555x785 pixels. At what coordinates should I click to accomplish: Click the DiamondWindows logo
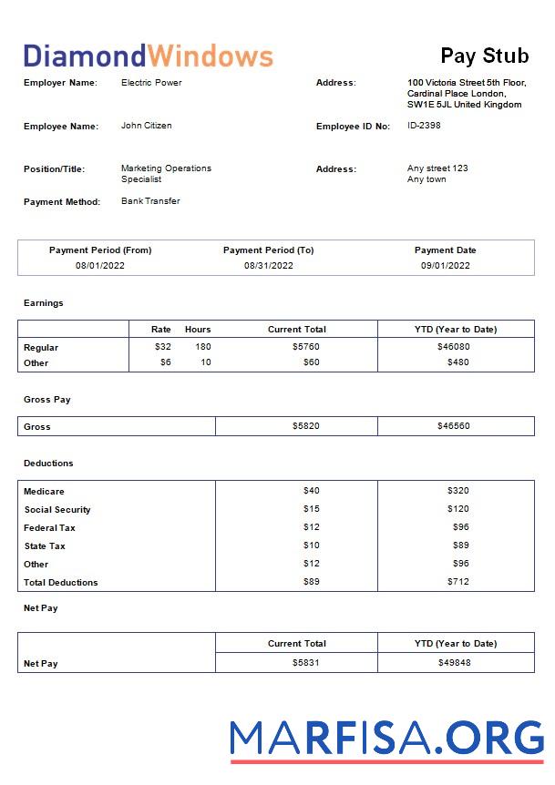coord(148,56)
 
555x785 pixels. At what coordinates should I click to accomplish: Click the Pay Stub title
coord(484,56)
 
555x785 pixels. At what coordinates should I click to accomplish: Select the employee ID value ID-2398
coord(424,126)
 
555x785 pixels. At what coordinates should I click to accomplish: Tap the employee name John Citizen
coord(146,126)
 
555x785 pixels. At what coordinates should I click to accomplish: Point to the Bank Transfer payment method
coord(150,201)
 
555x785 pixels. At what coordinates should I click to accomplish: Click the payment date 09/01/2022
coord(445,266)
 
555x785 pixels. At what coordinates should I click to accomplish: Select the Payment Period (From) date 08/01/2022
coord(100,266)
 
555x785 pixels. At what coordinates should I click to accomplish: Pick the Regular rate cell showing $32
coord(162,347)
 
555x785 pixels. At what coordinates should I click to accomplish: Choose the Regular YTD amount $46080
coord(454,347)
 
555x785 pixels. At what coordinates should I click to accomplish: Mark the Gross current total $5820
coord(305,426)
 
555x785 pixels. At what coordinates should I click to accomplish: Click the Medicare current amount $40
coord(311,491)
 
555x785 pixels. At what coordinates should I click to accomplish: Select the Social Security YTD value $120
coord(457,509)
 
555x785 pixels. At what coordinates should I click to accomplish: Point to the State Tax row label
coord(45,545)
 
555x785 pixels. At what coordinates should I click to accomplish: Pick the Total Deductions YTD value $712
coord(457,582)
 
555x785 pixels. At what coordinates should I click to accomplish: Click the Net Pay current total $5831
coord(305,663)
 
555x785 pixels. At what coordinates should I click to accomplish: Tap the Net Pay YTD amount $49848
coord(454,663)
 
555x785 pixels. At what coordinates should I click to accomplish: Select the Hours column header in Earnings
coord(198,329)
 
